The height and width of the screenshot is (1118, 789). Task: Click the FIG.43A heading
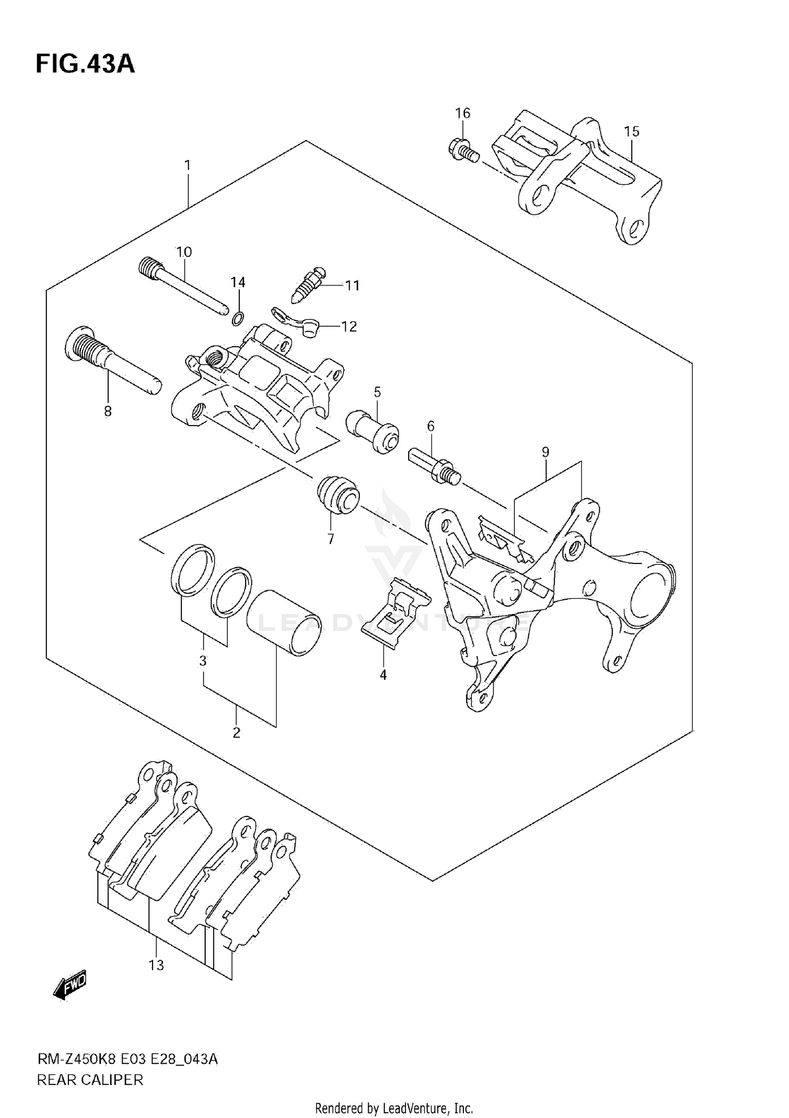click(85, 64)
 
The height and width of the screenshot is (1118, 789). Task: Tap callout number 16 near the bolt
click(462, 113)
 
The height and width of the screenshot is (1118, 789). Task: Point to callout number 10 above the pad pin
click(184, 251)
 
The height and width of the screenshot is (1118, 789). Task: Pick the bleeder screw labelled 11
click(309, 284)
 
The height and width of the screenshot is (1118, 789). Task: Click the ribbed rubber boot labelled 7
click(338, 494)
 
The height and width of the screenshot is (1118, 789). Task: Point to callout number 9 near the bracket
click(545, 452)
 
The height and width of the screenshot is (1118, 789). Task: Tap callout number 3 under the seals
click(203, 661)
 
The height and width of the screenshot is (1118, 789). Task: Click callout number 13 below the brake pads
click(156, 965)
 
